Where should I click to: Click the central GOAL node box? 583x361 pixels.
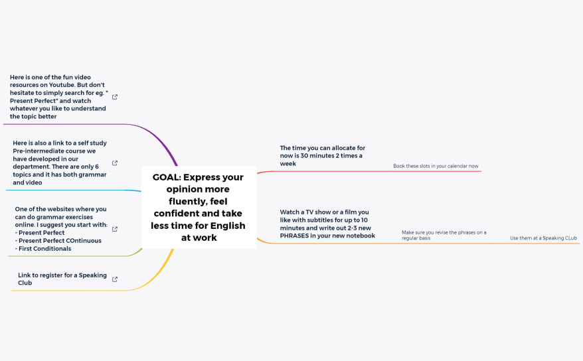point(199,207)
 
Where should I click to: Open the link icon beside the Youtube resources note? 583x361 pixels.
point(115,97)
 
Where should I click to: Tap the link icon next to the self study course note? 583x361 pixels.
point(115,163)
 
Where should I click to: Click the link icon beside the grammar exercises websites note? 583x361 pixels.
point(115,229)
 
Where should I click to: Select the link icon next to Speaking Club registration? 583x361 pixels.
point(115,279)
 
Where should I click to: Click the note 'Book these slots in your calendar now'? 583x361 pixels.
point(436,166)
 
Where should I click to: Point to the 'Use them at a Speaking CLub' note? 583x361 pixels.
point(543,238)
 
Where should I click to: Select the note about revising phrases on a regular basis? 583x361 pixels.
point(444,235)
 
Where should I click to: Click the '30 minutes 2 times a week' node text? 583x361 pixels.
point(322,155)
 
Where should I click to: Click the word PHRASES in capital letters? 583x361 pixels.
point(295,236)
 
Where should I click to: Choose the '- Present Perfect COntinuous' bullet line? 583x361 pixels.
point(58,241)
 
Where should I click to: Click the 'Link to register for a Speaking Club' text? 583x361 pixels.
point(62,279)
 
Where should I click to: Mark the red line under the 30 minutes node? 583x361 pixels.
point(372,171)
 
